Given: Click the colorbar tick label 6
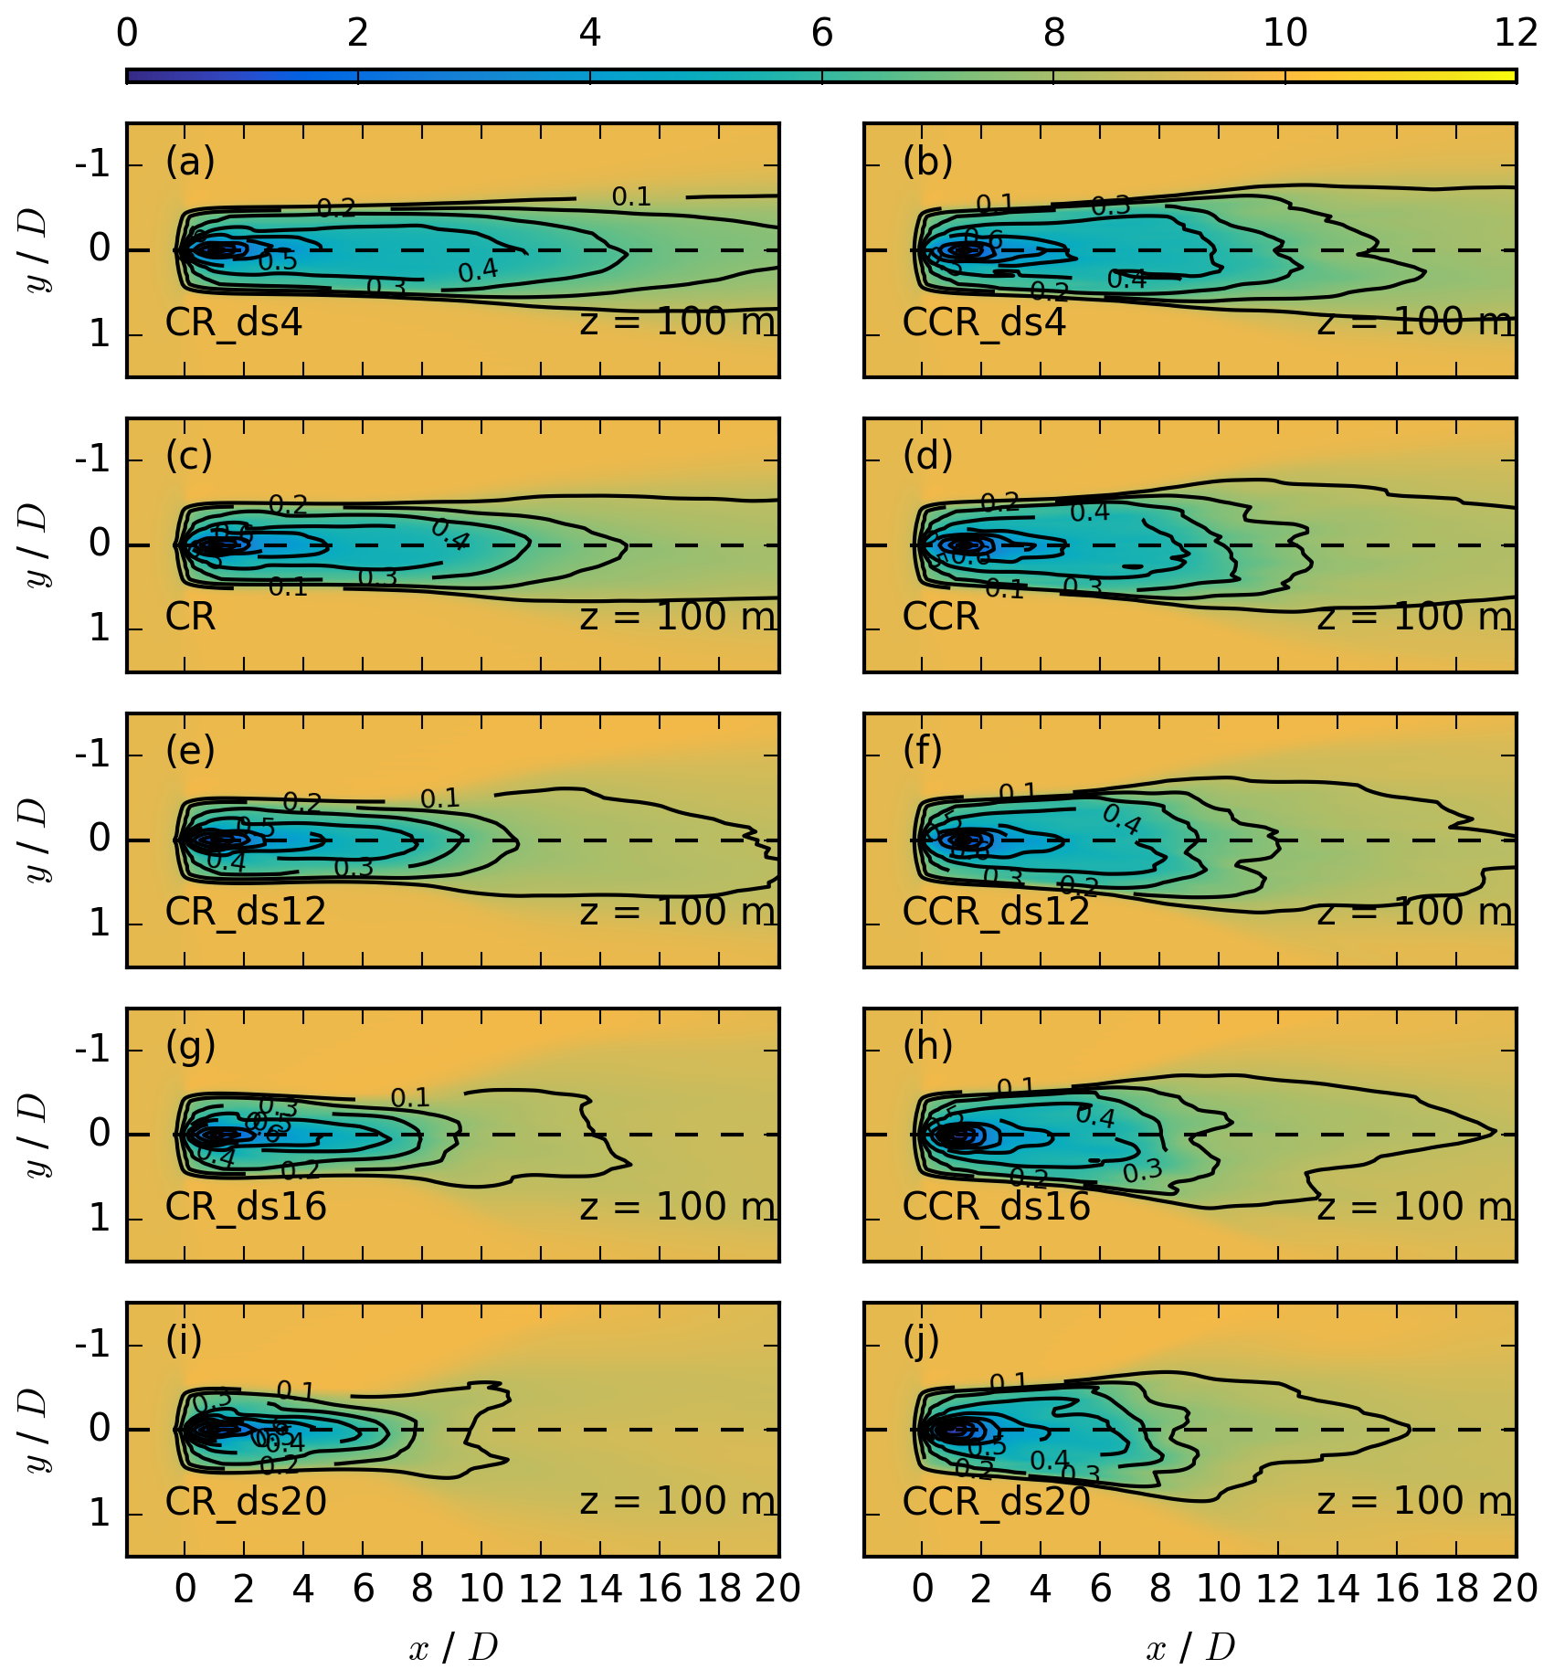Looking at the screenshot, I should point(821,34).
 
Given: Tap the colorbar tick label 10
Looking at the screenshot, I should point(1284,34).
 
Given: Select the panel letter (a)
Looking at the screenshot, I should point(190,162).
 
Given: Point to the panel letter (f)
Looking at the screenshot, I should point(923,751).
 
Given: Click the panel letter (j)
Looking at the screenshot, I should point(922,1341).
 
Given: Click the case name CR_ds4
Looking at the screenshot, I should point(233,323).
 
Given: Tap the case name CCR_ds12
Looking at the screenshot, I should point(996,913).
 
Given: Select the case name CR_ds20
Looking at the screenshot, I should point(246,1502).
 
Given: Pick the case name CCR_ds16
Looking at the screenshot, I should point(996,1208).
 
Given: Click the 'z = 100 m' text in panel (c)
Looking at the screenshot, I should point(677,618).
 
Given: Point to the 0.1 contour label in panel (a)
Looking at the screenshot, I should point(631,196).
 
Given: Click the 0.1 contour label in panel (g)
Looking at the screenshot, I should point(409,1097).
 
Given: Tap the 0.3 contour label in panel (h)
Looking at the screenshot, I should point(1142,1171).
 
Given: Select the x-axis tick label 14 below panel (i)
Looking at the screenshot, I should point(600,1590).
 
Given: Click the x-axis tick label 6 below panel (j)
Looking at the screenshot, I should point(1100,1590).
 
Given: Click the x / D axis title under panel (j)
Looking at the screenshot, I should point(1189,1648).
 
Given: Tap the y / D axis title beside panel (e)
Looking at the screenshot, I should point(37,840).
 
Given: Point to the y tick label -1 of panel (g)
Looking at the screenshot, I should point(92,1050).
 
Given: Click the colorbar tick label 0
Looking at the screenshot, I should point(127,34).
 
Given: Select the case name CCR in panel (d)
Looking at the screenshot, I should point(940,618).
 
